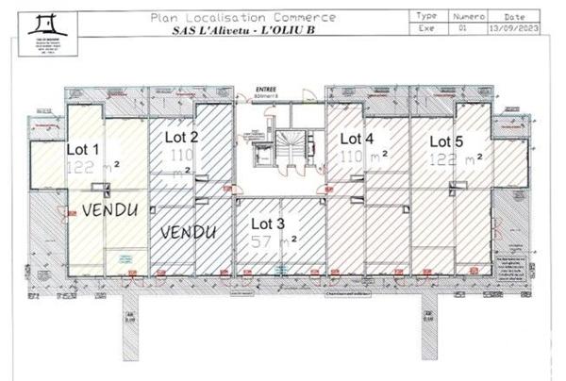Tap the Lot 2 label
(x=180, y=137)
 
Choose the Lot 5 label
(x=446, y=141)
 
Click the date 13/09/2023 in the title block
(x=526, y=29)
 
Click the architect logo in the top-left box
(x=46, y=22)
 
